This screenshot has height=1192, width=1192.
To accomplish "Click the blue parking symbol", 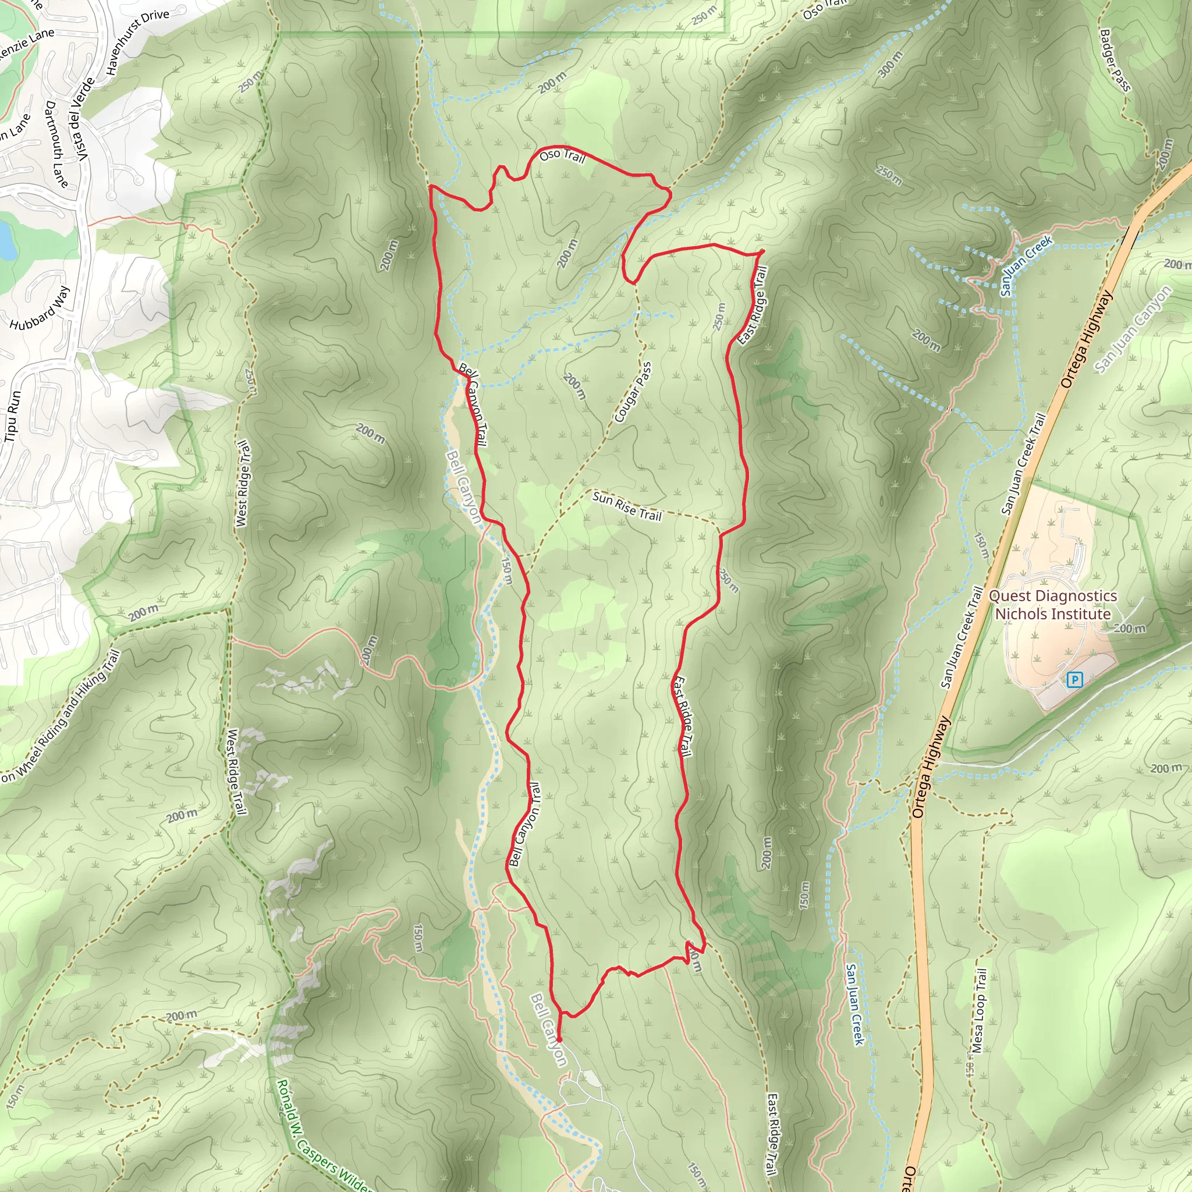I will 1074,680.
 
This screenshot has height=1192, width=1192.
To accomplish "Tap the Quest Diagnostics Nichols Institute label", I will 1052,605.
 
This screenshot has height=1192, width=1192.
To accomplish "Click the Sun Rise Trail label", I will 626,506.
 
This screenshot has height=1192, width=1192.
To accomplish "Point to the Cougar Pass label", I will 633,392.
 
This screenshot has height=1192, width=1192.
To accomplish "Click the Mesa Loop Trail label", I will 979,1010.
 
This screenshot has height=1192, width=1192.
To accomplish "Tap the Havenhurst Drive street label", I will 137,41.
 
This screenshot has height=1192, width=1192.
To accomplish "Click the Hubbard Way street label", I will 40,307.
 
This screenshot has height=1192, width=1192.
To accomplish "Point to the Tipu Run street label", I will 12,415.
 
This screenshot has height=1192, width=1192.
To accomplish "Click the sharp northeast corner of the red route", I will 764,251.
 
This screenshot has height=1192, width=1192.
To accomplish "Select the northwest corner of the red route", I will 431,186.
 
